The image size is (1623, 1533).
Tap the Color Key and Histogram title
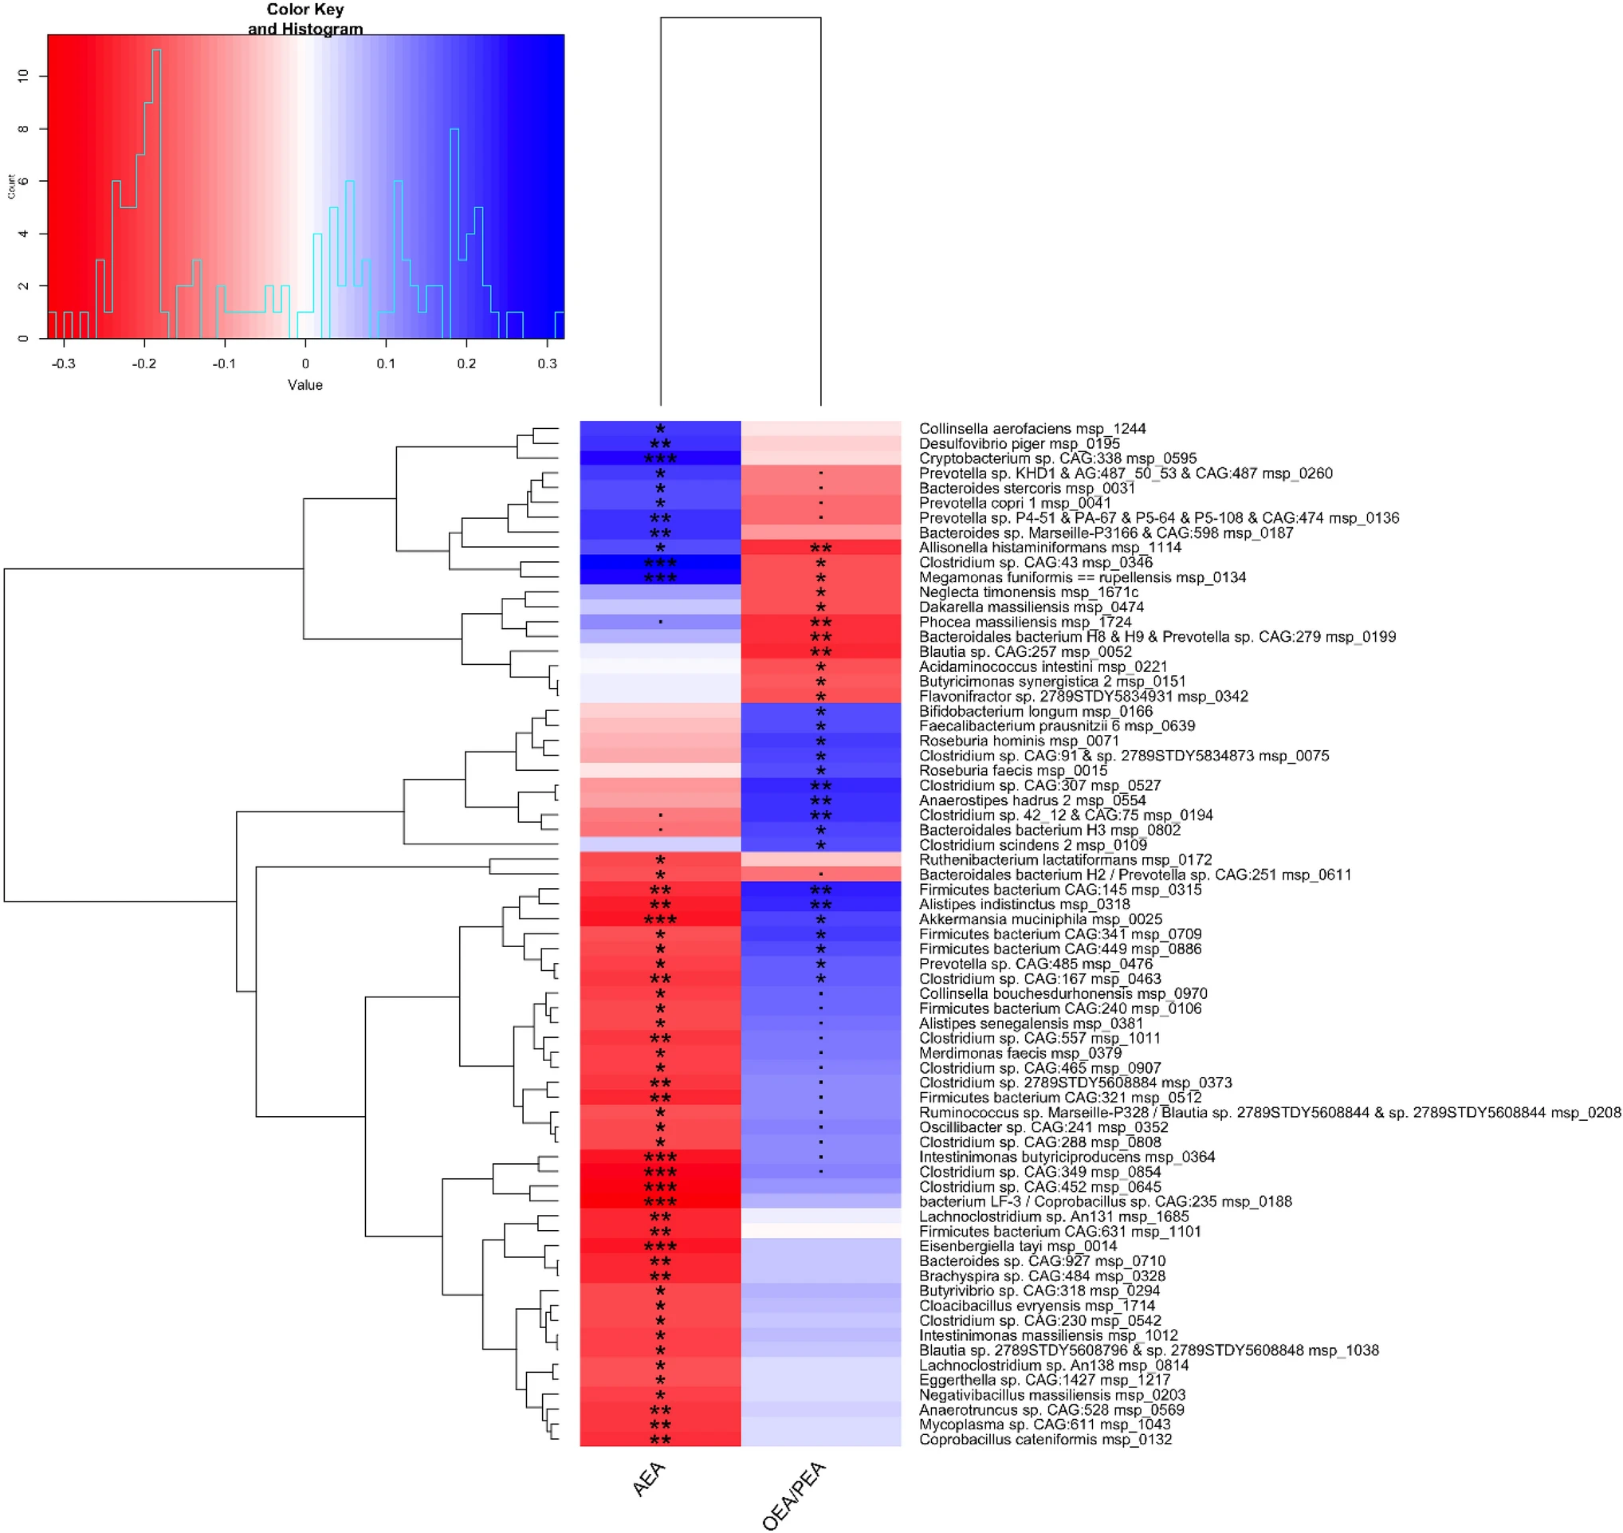click(x=305, y=19)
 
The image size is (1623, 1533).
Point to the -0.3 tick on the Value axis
click(x=63, y=363)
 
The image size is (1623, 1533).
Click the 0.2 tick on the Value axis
click(x=466, y=363)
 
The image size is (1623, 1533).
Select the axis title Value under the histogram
click(x=305, y=385)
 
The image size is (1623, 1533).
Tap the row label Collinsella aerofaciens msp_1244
click(x=1032, y=428)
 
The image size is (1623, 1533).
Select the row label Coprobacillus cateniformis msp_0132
click(x=1045, y=1439)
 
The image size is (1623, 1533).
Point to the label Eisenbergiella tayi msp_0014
click(x=1017, y=1246)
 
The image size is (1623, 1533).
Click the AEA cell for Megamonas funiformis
click(x=660, y=577)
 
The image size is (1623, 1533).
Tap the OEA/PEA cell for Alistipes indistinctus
click(x=820, y=905)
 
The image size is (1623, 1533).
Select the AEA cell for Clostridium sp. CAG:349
click(x=660, y=1172)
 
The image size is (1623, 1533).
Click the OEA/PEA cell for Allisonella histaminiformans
click(x=820, y=548)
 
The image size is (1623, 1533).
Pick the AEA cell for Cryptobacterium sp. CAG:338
click(x=660, y=458)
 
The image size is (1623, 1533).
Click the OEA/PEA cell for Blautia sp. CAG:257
click(x=820, y=651)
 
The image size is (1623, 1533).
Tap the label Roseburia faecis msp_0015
click(x=1012, y=771)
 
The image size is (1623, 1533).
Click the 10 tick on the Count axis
click(x=23, y=76)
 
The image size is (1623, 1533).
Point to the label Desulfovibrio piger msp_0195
click(x=1019, y=444)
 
